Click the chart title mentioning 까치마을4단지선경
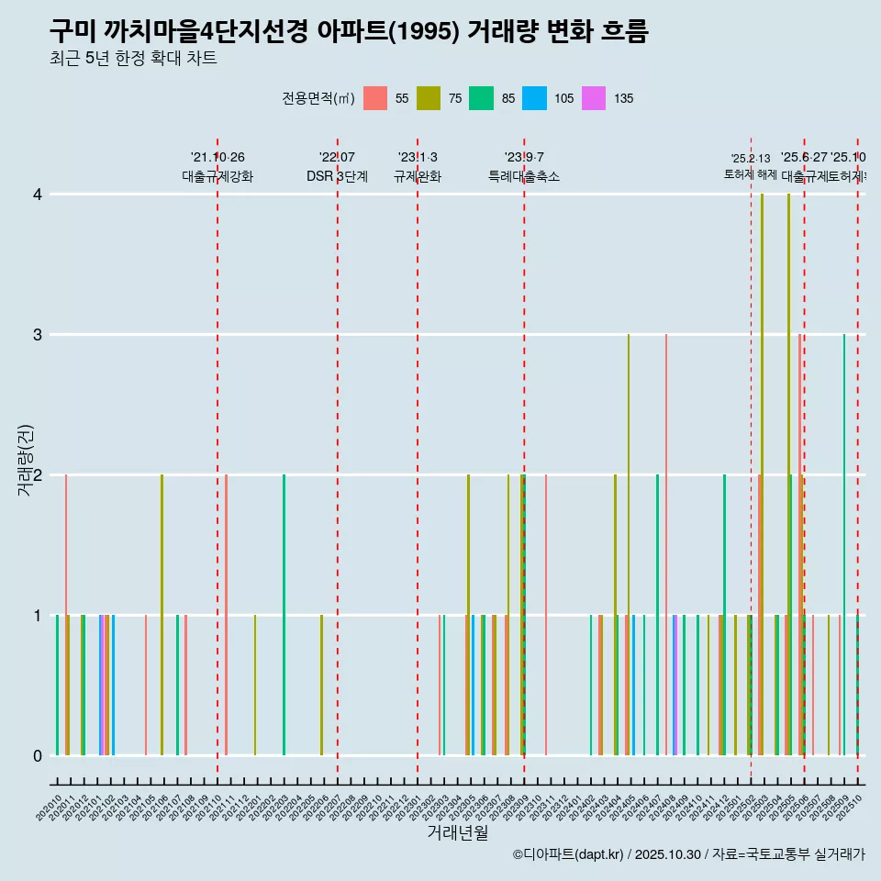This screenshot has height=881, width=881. pos(349,32)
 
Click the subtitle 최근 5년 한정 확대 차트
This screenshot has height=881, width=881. pos(133,60)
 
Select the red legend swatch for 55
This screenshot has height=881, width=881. pos(375,98)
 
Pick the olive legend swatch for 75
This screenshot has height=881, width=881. pos(429,98)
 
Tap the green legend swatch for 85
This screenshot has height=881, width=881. pos(482,98)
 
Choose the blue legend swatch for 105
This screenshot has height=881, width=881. pos(534,98)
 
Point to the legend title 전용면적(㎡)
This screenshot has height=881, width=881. pos(318,98)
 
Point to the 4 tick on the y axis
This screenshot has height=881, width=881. pos(38,195)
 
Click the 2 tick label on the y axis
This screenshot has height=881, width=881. pos(38,475)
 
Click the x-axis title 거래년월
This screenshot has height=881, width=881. pos(457,832)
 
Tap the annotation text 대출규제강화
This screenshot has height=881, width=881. pos(217,177)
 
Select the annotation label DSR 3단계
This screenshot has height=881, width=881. pos(337,177)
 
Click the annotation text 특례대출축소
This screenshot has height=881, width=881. pos(523,177)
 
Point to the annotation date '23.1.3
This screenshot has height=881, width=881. pos(418,157)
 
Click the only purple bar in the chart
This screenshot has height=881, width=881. pos(675,685)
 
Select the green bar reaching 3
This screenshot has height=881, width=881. pos(844,541)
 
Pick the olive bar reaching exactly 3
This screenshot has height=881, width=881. pos(629,541)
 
